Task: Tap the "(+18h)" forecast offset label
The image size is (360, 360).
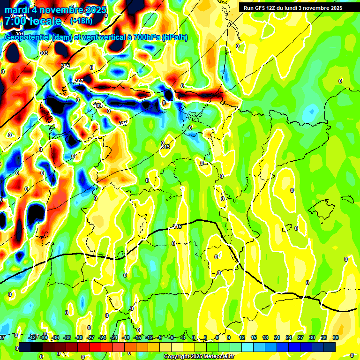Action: (81, 21)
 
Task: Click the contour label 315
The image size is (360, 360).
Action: (177, 227)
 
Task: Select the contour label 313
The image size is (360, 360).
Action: (165, 147)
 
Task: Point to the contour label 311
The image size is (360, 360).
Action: (123, 123)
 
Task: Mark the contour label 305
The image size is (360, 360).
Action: (66, 66)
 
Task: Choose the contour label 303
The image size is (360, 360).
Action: (44, 53)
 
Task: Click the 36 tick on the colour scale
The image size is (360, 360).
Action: (335, 337)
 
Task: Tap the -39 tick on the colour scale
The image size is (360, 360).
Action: (44, 337)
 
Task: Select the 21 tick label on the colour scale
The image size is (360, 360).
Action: (277, 337)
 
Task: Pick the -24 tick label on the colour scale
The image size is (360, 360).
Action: (102, 337)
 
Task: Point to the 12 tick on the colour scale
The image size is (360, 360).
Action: (242, 337)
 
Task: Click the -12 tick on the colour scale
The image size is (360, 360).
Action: (149, 337)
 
